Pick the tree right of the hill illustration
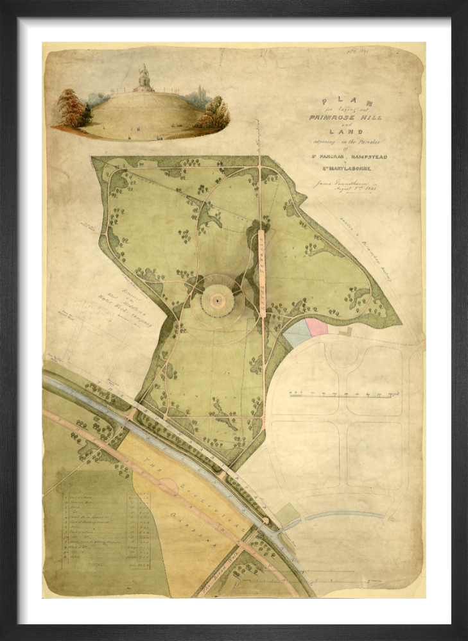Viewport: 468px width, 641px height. [x=214, y=113]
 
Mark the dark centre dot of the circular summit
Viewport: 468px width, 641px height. [x=218, y=299]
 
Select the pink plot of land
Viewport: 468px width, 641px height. [x=316, y=326]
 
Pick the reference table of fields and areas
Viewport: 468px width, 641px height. [x=103, y=529]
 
